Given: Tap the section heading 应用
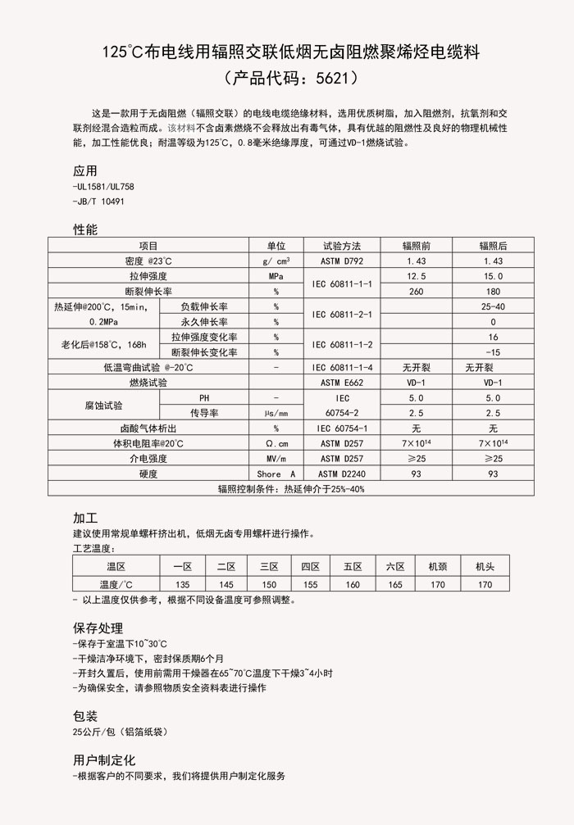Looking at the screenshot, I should [x=85, y=171].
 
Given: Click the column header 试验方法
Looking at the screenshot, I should [x=341, y=246].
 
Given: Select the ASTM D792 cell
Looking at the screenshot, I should [x=341, y=261].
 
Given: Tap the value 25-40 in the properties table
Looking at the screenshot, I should [x=493, y=306].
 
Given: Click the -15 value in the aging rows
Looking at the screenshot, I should [x=493, y=352].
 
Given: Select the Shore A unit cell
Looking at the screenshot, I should [x=276, y=474].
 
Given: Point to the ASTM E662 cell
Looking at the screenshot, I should [x=341, y=383].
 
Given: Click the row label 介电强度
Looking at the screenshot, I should [x=148, y=459].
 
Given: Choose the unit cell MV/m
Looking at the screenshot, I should [x=276, y=459].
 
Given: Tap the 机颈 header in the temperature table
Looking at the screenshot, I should [x=438, y=567].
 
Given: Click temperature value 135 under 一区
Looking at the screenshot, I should [x=182, y=584].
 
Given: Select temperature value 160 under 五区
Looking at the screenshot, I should [x=353, y=584].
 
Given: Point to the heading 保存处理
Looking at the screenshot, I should [x=98, y=628].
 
